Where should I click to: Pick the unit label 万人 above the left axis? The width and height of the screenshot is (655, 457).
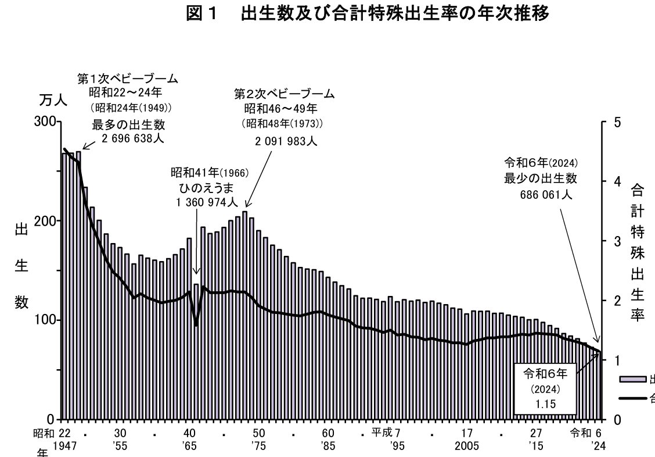click(53, 101)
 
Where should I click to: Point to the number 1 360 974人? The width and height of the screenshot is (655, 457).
click(206, 202)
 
